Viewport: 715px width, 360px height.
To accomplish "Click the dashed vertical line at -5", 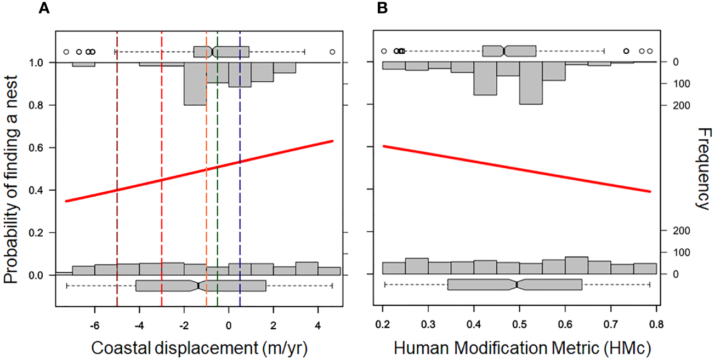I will (x=117, y=164).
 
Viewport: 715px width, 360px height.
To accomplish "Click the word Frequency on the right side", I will (x=702, y=168).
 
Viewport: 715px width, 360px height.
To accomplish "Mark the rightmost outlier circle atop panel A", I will (x=332, y=52).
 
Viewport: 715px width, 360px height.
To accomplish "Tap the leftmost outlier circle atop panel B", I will (x=384, y=52).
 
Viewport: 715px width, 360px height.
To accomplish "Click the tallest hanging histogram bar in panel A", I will (x=195, y=83).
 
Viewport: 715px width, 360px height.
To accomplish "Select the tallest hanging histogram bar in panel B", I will (x=531, y=83).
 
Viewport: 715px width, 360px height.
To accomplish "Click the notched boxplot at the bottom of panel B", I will (x=515, y=284).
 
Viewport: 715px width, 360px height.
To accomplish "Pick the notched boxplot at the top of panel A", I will (x=222, y=52).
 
